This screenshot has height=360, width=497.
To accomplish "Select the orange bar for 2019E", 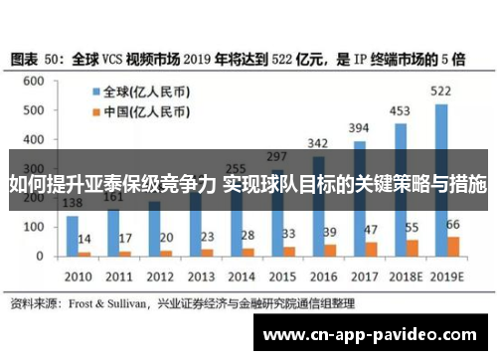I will tap(453, 246).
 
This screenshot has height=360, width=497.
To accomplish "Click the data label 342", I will tap(319, 142).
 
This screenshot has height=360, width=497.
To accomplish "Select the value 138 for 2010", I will tap(73, 203).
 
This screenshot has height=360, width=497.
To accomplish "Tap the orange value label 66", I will tap(453, 225).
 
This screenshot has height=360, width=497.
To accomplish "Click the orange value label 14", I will tap(85, 240).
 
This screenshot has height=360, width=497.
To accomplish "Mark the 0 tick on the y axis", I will tap(41, 256).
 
